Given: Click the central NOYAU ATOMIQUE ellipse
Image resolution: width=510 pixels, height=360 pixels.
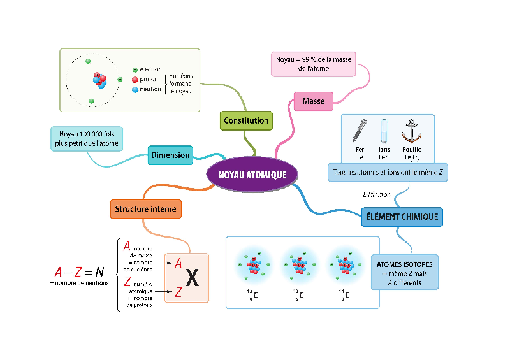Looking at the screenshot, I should [252, 174].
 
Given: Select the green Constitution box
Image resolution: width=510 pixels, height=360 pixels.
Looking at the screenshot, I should [246, 120].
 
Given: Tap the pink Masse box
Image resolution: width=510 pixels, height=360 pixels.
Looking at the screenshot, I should [314, 101].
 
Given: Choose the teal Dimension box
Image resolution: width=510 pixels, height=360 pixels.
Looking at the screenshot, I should [170, 155].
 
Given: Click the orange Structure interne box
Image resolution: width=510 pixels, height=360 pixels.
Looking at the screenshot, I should [146, 208].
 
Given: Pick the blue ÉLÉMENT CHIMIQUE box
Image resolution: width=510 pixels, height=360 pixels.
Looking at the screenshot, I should [402, 217].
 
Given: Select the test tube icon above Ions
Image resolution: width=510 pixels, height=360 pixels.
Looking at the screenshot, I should [384, 131].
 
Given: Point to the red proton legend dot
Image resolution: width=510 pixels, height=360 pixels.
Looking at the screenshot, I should [135, 80].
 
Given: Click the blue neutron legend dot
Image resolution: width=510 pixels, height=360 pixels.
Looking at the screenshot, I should [135, 90].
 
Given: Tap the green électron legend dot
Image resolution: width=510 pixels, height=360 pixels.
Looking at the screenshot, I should [135, 69].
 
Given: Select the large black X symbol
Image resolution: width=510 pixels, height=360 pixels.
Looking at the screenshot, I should [191, 278].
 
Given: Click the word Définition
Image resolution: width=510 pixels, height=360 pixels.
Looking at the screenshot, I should [376, 194].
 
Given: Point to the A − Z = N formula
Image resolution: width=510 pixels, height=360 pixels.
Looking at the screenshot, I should [79, 271].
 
